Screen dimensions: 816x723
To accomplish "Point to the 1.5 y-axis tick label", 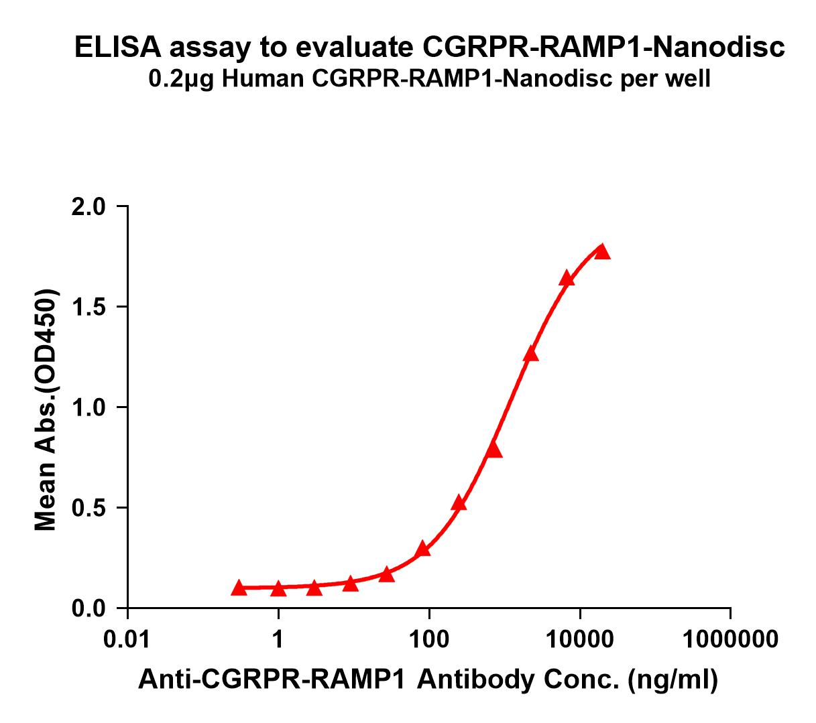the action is point(89,308).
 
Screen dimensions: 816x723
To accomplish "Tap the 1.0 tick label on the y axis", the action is point(89,408).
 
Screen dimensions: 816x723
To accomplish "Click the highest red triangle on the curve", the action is point(602,251).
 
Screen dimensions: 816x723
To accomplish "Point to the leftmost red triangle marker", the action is point(239,588).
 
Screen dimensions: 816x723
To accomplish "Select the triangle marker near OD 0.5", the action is point(459,503).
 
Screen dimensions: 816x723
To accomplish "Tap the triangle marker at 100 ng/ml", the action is point(422,549).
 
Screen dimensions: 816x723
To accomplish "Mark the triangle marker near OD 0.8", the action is point(495,450).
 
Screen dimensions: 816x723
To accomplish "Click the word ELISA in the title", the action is point(118,48).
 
